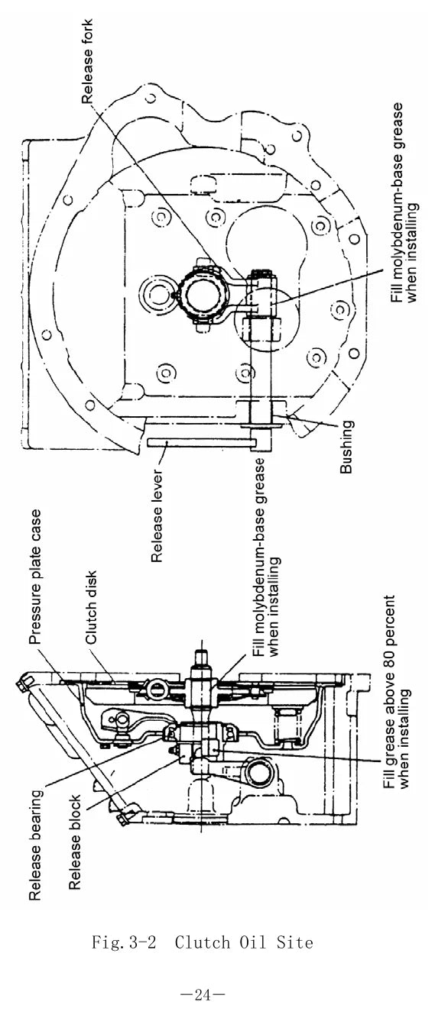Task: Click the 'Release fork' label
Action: coord(86,62)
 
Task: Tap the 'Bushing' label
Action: coord(346,447)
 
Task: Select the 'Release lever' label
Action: coord(157,516)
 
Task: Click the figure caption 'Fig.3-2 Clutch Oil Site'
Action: coord(203,942)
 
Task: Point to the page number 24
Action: coord(203,995)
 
